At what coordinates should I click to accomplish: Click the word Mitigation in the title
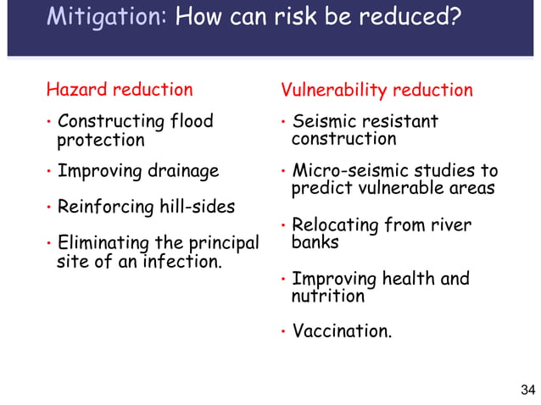104,18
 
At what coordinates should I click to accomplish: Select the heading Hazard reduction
119,89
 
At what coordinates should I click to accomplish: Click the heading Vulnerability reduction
376,90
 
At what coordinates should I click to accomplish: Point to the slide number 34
527,391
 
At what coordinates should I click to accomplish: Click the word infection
184,262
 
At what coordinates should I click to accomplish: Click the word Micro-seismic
348,171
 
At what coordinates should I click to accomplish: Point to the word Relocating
335,225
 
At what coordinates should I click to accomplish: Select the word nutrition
327,297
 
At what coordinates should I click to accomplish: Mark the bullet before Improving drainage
49,172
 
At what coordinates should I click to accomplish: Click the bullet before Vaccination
284,331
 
